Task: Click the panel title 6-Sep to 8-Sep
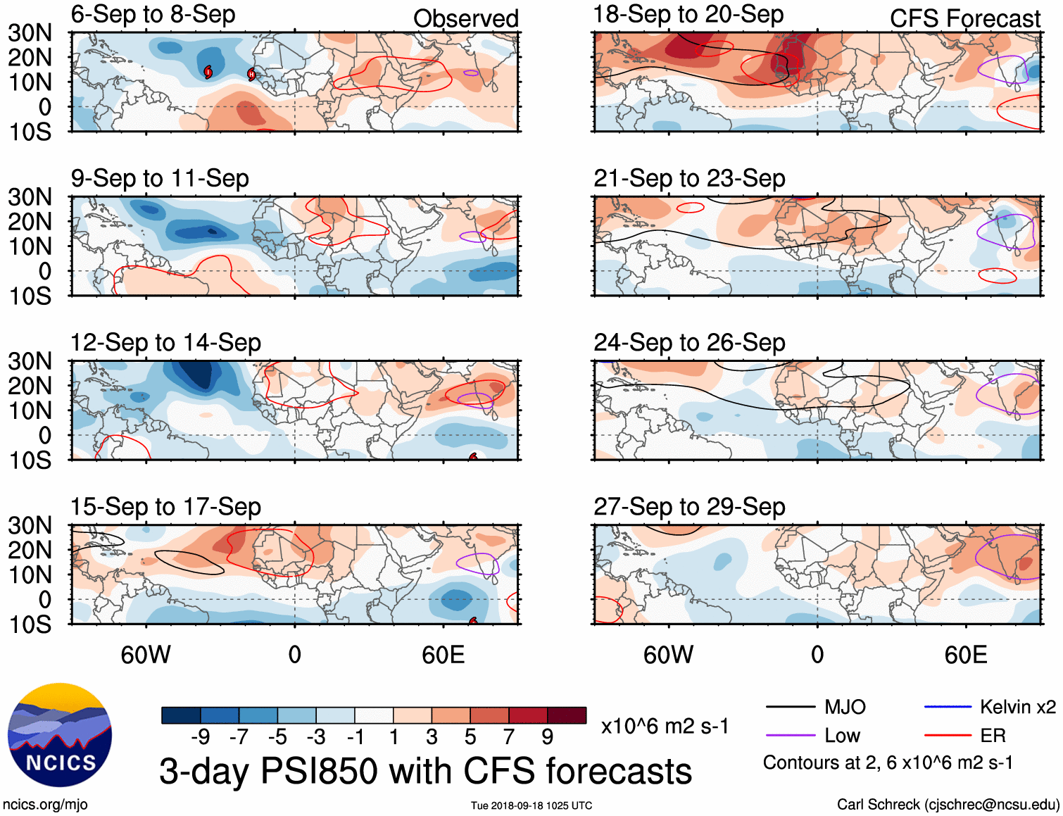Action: pos(153,15)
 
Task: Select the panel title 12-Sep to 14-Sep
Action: pos(165,343)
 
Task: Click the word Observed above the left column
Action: pos(465,19)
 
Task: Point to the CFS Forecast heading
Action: pos(964,19)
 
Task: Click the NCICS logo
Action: pos(60,735)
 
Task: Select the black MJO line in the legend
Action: pos(790,707)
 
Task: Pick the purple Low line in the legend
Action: pos(790,736)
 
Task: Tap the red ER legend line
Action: pos(948,736)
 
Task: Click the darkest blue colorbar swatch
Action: pos(181,715)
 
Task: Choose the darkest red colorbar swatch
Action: pos(567,715)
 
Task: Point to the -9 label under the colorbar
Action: pos(200,737)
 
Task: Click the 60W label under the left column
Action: pos(146,655)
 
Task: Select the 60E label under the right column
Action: pos(965,655)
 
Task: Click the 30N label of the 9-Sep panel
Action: pos(30,197)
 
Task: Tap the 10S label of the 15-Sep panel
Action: pos(30,624)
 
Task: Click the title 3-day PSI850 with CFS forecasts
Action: pos(425,771)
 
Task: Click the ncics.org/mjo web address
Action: pos(45,804)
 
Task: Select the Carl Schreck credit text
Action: pos(948,804)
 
